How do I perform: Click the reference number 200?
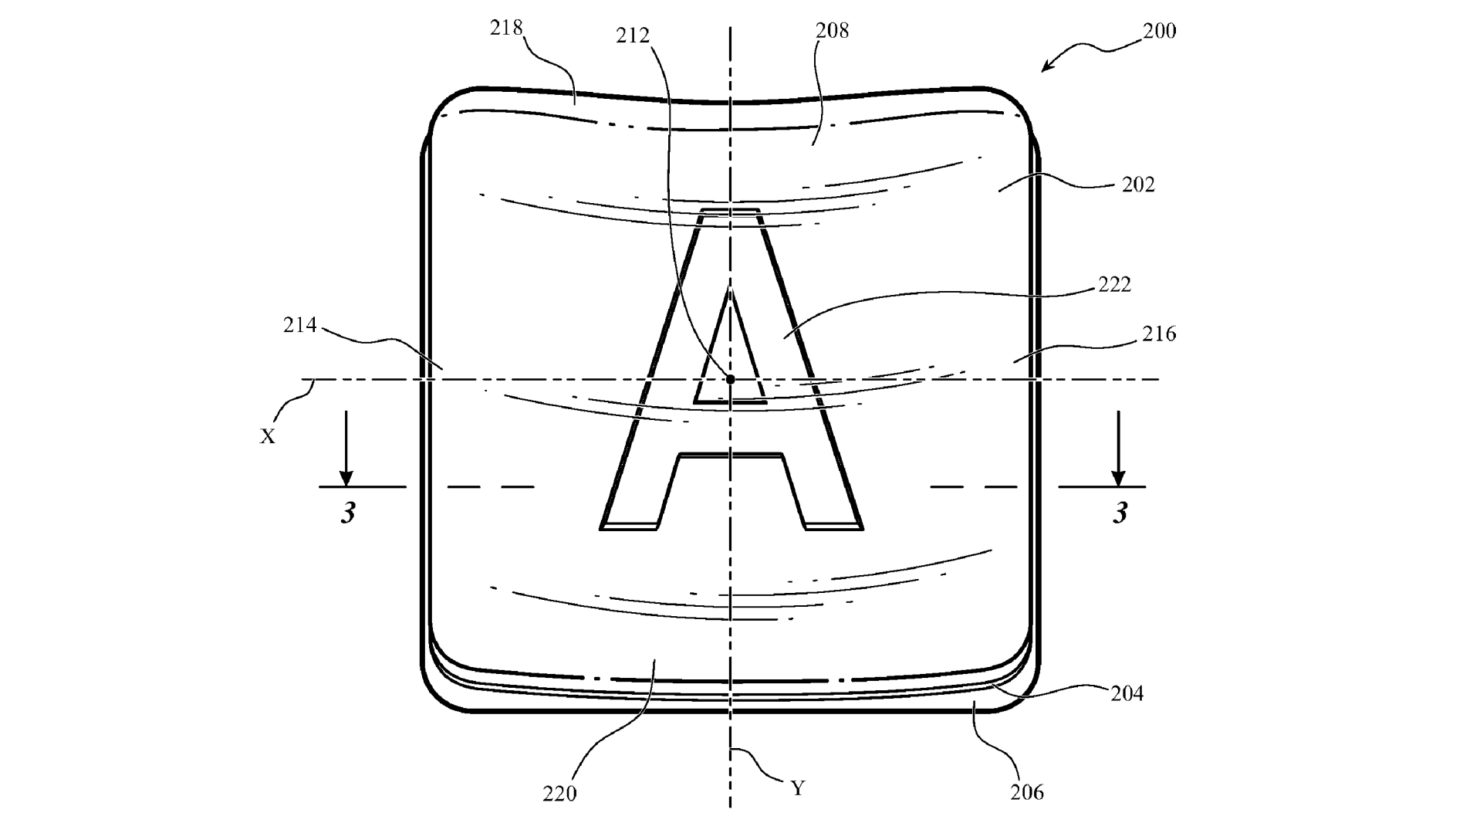(1159, 31)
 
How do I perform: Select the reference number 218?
(506, 28)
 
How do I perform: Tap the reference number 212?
(633, 36)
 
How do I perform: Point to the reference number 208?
(832, 30)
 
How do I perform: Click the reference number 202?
(1138, 185)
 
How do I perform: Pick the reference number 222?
(1114, 285)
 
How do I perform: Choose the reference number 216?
(1159, 334)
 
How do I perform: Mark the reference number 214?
(300, 326)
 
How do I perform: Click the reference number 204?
(1127, 693)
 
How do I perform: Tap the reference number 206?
(1027, 792)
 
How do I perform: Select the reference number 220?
(559, 794)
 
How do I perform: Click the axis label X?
(267, 437)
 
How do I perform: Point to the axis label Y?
(798, 788)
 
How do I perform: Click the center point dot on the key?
(730, 379)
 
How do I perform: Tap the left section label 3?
(348, 513)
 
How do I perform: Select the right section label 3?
(1120, 513)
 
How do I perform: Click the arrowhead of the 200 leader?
(1046, 68)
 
